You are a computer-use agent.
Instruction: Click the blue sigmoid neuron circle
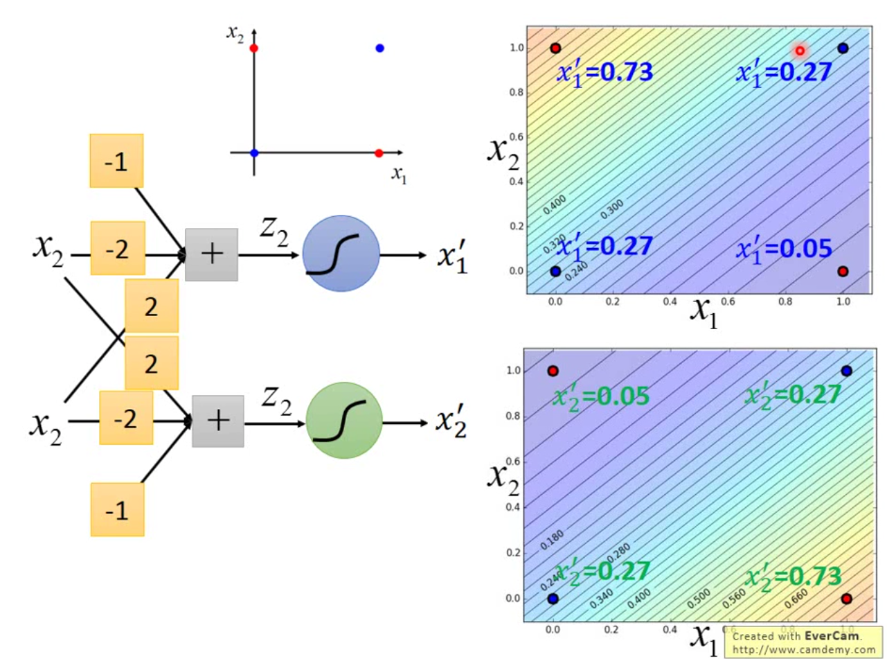341,254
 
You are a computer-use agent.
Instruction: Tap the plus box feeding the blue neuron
211,254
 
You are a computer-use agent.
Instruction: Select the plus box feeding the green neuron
217,421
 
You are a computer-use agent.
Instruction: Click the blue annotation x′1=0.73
605,71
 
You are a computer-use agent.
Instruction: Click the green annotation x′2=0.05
600,396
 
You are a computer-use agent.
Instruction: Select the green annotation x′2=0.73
793,576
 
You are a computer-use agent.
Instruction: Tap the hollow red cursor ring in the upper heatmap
800,50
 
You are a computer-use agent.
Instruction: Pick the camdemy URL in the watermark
803,649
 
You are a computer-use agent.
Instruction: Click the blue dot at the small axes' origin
254,152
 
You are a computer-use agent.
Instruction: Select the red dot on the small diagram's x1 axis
379,152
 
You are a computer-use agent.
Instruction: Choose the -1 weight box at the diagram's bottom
117,509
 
